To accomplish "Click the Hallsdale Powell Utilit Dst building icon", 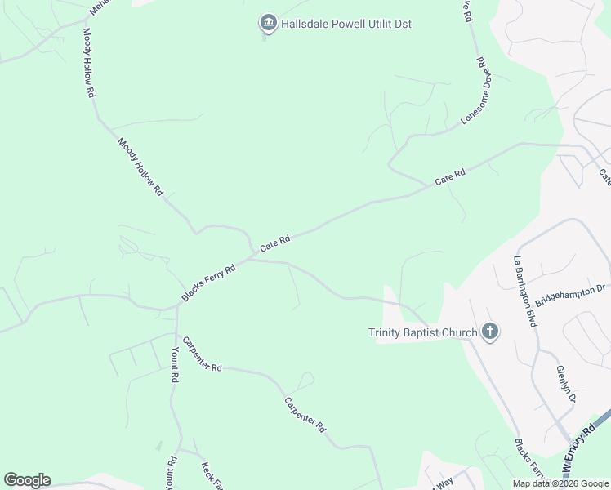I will pos(268,24).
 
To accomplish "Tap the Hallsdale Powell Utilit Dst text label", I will pos(346,24).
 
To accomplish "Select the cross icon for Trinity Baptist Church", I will pos(489,332).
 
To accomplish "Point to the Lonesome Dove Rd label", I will pos(474,90).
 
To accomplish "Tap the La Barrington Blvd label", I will pos(524,292).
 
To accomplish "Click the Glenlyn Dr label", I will pos(566,384).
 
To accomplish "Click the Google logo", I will pos(27,480).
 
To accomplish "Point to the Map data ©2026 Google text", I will pos(561,483).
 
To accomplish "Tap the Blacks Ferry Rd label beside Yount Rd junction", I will pos(208,282).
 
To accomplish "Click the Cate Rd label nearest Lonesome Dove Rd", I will pos(449,176).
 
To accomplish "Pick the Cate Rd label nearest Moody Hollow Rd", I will pos(274,243).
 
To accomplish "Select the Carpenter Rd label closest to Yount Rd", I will pos(203,354).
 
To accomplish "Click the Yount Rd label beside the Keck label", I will pos(171,472).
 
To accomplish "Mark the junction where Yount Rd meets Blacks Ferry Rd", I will pos(176,309).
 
